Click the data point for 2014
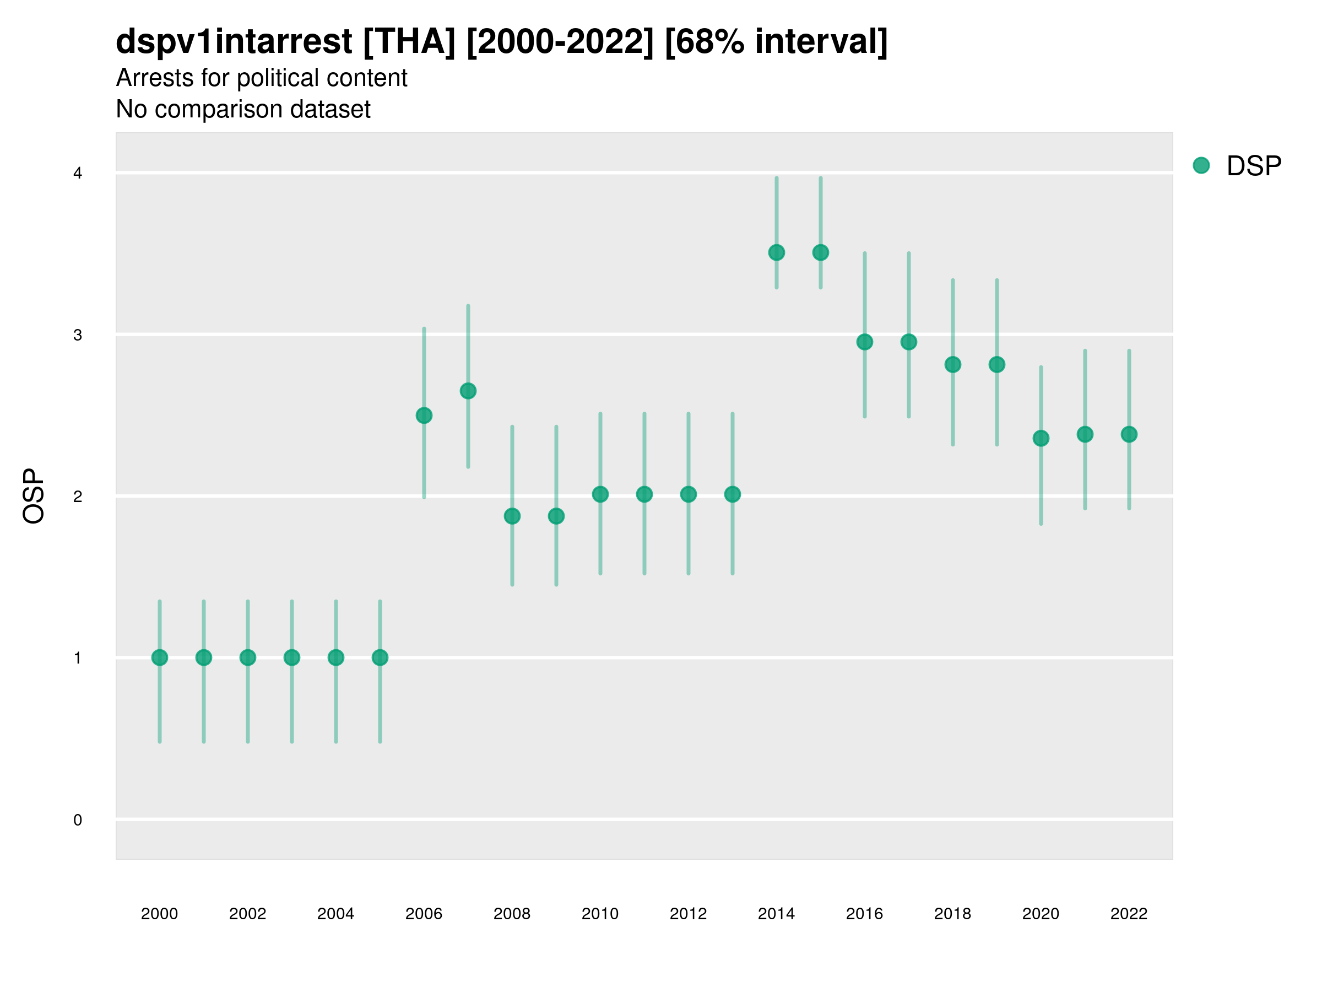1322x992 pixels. tap(776, 252)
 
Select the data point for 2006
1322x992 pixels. tap(424, 416)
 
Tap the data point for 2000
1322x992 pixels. tap(160, 657)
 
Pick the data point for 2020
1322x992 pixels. tap(1041, 438)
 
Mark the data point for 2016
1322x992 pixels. tap(864, 342)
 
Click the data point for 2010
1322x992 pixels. tap(600, 494)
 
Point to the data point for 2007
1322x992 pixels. tap(468, 391)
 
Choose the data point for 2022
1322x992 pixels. tap(1129, 434)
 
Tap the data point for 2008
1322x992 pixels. tap(512, 516)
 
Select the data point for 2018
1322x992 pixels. tap(952, 365)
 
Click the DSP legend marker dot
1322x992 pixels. tap(1201, 166)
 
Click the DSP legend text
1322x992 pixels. tap(1254, 166)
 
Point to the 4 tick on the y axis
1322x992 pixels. tap(78, 174)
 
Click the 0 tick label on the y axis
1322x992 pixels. tap(78, 820)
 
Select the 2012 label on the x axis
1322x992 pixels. tap(688, 914)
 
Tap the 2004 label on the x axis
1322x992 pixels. tap(335, 914)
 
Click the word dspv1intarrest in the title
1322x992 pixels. tap(234, 42)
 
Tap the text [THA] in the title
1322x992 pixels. tap(409, 42)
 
